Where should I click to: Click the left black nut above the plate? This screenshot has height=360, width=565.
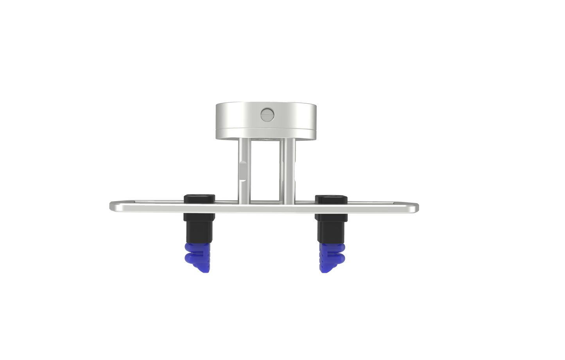199,198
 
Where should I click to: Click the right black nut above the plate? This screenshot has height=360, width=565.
332,199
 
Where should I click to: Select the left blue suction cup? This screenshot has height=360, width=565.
198,256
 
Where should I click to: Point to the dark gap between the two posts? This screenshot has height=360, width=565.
266,172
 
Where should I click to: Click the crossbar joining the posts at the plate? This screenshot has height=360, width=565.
266,201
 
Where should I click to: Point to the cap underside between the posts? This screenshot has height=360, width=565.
266,139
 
